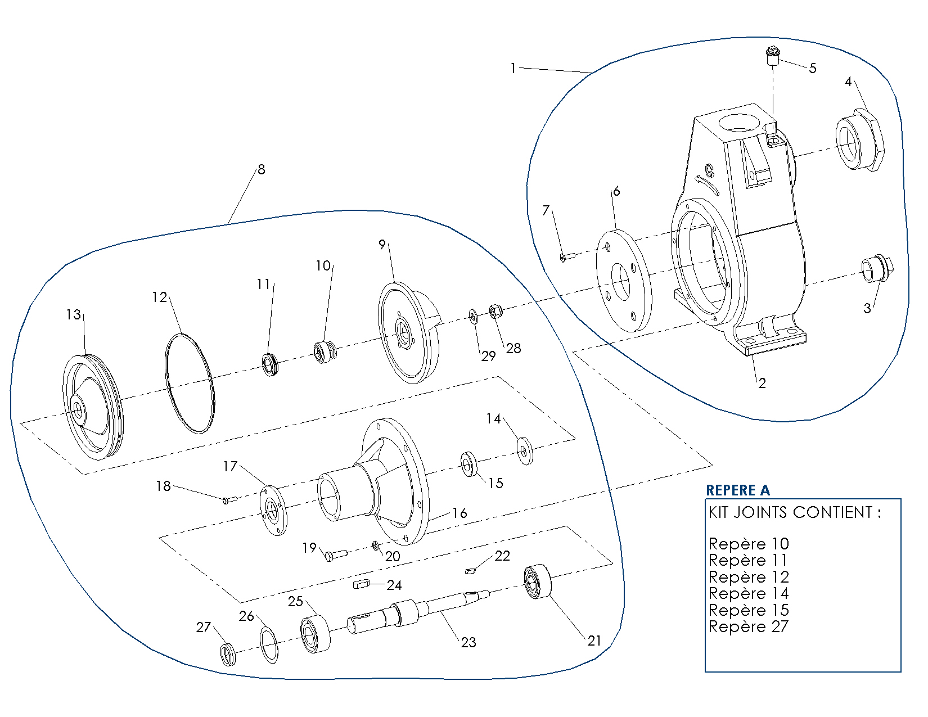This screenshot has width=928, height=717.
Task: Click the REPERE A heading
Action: tap(737, 490)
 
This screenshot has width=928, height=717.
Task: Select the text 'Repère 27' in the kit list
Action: tap(748, 626)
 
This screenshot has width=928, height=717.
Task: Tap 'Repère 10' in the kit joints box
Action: tap(748, 544)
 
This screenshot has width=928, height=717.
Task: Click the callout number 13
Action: tap(73, 314)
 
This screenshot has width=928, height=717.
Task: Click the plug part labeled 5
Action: tap(772, 56)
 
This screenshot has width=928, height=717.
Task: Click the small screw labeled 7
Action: tap(567, 257)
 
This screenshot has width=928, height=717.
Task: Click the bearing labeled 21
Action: tap(538, 581)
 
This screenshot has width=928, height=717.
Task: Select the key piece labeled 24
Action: tap(361, 585)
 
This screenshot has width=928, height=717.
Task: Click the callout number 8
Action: tap(262, 169)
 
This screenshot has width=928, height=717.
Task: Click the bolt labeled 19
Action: tap(335, 555)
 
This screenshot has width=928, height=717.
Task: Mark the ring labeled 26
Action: tap(269, 644)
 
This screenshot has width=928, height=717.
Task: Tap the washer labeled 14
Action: tap(525, 450)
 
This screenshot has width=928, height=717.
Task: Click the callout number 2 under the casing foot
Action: tap(762, 384)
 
